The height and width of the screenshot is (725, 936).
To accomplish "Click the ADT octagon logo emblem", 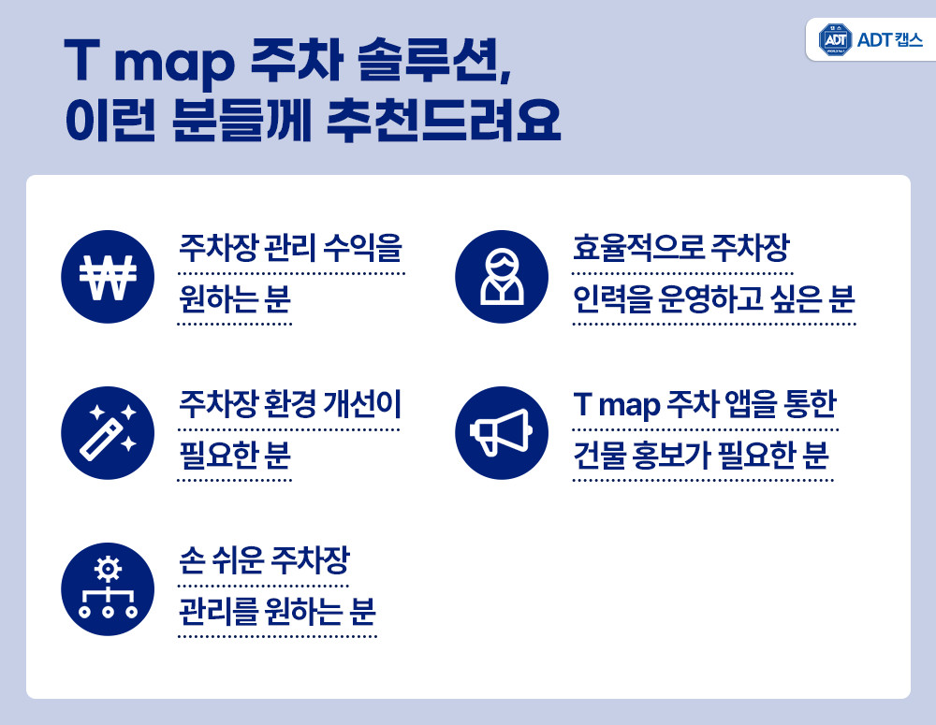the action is coord(835,40).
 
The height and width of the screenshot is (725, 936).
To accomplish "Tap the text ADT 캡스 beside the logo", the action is coord(889,40).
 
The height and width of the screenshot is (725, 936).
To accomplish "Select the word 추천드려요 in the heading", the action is coord(444,120).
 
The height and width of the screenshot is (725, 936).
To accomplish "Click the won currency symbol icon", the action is coord(108,277).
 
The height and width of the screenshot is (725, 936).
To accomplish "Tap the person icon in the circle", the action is coord(502,277).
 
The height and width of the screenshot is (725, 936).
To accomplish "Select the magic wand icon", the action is coord(108,432).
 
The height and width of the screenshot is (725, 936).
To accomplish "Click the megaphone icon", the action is coord(502,432).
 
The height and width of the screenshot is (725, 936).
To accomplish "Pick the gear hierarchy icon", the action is coord(108,589).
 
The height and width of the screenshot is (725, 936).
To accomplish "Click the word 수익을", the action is coord(362,248).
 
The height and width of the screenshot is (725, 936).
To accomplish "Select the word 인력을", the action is coord(612,299).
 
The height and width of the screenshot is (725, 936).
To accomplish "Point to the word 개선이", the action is coord(361,404).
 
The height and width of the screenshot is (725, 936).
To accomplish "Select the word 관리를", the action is coord(218,612).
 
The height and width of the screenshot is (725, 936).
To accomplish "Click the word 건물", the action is coord(599,456).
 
